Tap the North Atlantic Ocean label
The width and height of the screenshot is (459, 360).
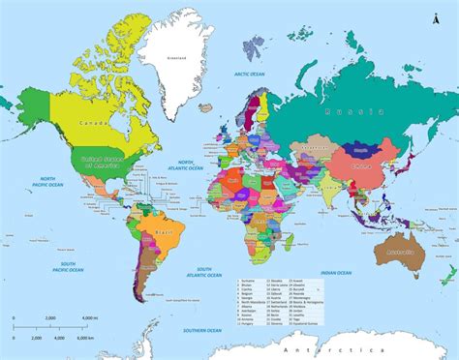(184, 165)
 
